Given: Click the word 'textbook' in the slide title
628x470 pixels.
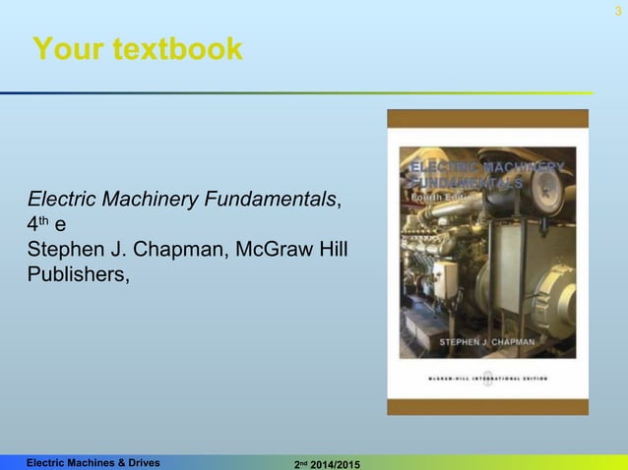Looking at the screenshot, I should click(179, 49).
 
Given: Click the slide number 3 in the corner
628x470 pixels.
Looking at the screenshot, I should click(617, 10).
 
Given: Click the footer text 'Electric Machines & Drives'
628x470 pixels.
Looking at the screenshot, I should click(94, 460).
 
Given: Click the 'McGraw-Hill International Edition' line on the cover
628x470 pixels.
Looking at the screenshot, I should click(486, 377).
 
